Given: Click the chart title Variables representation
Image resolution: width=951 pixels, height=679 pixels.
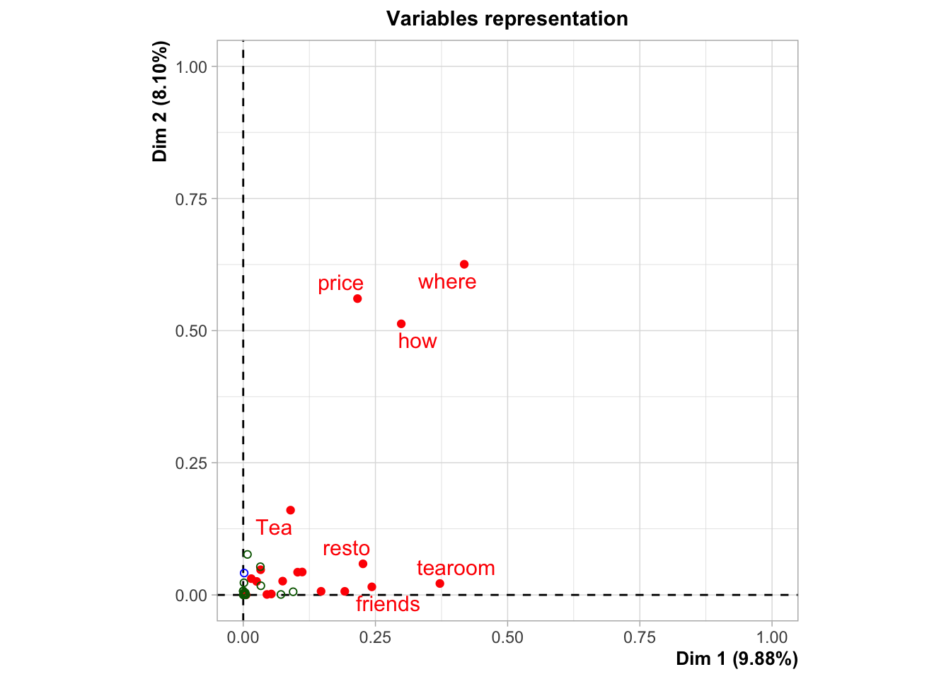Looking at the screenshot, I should tap(507, 18).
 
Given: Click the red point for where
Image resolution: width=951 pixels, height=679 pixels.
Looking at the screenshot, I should tap(464, 265).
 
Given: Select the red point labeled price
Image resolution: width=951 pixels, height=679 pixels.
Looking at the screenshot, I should tap(357, 298).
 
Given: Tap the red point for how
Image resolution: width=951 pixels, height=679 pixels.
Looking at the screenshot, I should tap(401, 324).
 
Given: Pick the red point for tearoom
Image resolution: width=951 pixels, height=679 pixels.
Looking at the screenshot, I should tap(439, 584).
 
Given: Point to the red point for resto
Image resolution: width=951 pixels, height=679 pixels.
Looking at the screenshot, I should tap(363, 564).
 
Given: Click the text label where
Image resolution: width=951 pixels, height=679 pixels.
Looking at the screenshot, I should tap(447, 282).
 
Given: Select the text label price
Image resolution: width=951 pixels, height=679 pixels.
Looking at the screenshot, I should tap(340, 284).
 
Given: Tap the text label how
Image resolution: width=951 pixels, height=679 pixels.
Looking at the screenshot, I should tap(417, 341).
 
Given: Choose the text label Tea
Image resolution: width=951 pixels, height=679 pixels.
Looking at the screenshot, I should tap(274, 528).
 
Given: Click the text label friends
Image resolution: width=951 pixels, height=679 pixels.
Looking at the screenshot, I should tap(388, 604).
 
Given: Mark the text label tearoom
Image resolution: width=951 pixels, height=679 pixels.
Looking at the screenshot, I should tap(456, 568).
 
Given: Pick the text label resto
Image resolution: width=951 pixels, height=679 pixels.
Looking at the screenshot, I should tap(346, 548).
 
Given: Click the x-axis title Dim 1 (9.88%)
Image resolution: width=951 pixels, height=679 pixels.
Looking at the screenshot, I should tap(737, 658).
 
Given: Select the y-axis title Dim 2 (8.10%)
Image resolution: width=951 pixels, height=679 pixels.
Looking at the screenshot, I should tap(161, 101).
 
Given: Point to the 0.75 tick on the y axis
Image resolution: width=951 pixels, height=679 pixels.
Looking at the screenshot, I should tap(191, 199).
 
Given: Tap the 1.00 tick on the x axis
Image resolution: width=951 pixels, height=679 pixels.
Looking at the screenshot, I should tap(771, 637).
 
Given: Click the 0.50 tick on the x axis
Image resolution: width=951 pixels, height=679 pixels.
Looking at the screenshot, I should tap(507, 637).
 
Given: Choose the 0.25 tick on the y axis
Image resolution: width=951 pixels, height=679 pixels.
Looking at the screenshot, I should tap(191, 463).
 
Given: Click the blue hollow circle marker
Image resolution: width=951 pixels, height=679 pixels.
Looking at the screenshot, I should tap(244, 573).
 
